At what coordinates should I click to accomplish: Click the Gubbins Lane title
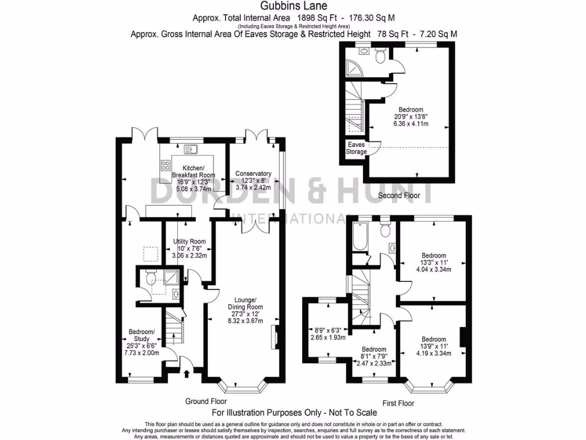pyautogui.click(x=294, y=6)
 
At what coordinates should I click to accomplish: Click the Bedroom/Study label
pyautogui.click(x=141, y=336)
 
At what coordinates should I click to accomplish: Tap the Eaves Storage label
pyautogui.click(x=357, y=148)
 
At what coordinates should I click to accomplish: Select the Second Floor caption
pyautogui.click(x=399, y=196)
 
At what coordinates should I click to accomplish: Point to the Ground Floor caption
pyautogui.click(x=205, y=402)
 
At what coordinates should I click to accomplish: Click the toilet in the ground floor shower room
pyautogui.click(x=149, y=278)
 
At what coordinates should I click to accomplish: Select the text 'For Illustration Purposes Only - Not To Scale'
pyautogui.click(x=294, y=412)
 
